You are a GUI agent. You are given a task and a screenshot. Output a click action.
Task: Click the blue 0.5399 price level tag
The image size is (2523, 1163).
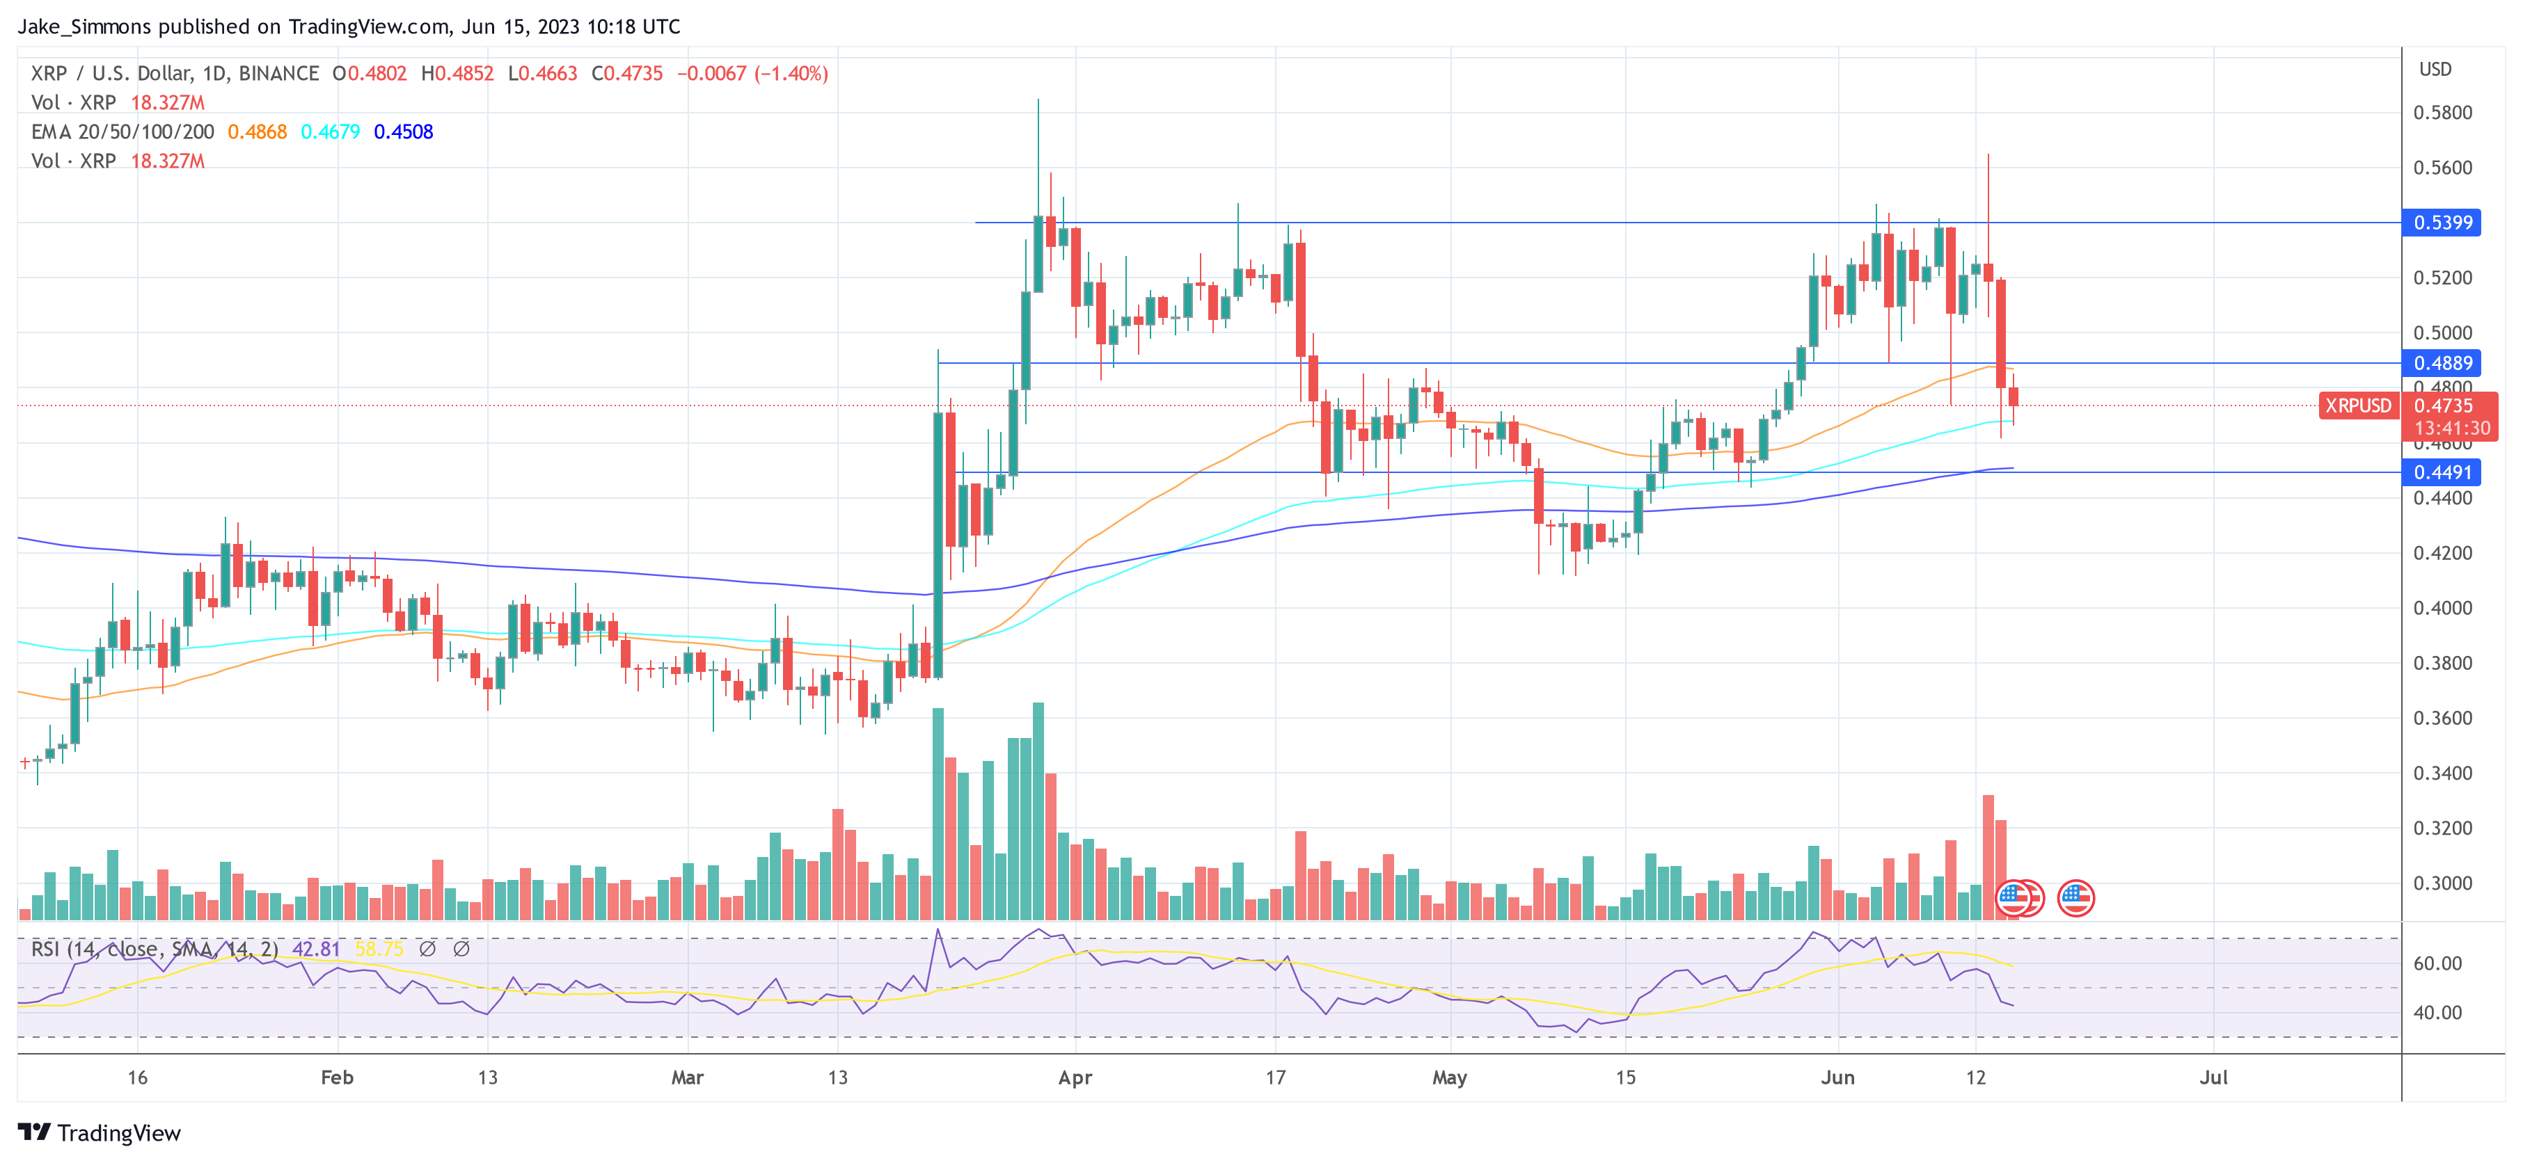point(2443,222)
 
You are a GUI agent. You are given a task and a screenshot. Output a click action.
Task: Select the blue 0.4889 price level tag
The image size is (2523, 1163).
point(2443,363)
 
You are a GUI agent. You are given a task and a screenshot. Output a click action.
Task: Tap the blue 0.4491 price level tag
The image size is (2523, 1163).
point(2443,473)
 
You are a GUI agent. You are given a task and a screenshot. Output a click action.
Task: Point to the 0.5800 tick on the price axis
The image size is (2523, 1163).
point(2443,113)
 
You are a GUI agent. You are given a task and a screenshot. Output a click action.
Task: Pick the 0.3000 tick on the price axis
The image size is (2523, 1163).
point(2443,883)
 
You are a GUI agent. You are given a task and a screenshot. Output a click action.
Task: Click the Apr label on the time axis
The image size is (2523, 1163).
point(1075,1078)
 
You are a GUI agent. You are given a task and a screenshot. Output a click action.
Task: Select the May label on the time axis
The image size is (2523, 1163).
point(1450,1078)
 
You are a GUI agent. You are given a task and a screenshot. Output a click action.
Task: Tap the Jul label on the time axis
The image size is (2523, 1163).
point(2213,1078)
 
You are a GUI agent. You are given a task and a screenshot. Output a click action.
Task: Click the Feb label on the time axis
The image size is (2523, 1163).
point(337,1078)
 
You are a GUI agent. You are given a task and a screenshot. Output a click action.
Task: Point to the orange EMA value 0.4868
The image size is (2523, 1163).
point(258,132)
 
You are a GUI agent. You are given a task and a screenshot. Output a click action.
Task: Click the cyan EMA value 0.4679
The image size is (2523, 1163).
point(330,132)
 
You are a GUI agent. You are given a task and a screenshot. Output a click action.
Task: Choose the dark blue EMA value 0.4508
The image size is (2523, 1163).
point(404,132)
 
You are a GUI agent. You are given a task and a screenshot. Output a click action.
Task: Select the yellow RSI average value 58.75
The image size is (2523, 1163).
point(379,949)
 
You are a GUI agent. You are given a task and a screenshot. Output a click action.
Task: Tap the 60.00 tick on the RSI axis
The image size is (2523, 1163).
point(2437,963)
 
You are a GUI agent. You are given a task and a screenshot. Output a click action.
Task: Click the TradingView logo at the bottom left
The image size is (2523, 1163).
point(100,1132)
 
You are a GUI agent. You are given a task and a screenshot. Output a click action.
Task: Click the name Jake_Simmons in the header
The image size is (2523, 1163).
point(85,26)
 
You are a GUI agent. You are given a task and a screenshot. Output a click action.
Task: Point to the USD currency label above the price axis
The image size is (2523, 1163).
point(2436,70)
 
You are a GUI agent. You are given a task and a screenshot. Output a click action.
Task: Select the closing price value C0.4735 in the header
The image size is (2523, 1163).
point(627,74)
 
